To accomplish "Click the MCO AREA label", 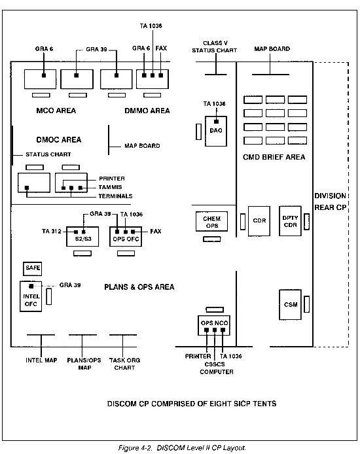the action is pyautogui.click(x=56, y=111).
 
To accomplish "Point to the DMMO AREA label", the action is pyautogui.click(x=147, y=111).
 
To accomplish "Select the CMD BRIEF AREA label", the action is pyautogui.click(x=274, y=157).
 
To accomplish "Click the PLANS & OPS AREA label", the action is pyautogui.click(x=139, y=287).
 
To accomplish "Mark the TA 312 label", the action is pyautogui.click(x=52, y=231).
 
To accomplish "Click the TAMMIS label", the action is pyautogui.click(x=111, y=187).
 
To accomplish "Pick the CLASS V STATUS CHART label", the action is pyautogui.click(x=215, y=46).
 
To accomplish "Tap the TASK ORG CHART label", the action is pyautogui.click(x=124, y=364).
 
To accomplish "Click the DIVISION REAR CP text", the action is pyautogui.click(x=331, y=201).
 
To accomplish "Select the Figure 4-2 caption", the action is pyautogui.click(x=182, y=448).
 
